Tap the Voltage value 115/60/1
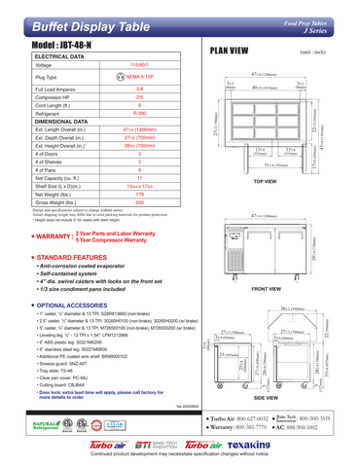(153, 64)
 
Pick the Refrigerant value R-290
(153, 113)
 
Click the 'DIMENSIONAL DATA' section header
(44, 122)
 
